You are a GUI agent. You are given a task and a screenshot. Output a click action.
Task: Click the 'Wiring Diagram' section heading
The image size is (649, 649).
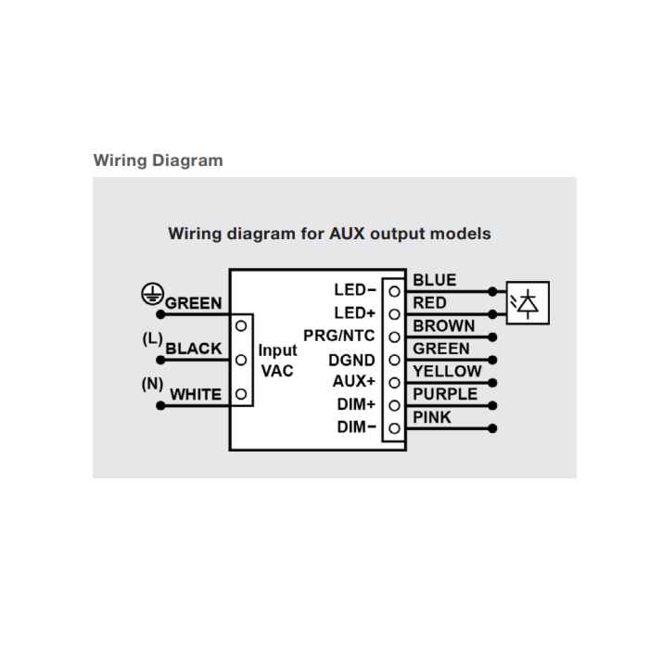pos(159,160)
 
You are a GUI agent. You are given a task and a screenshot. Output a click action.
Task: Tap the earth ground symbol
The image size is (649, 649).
pos(152,294)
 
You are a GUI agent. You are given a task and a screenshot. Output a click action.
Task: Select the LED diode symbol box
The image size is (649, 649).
pos(528,303)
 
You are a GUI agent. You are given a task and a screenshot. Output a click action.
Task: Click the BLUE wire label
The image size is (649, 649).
pos(435,280)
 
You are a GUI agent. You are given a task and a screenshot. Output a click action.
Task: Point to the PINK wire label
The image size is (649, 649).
pos(432,417)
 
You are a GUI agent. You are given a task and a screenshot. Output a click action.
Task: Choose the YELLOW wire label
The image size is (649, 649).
pos(447,371)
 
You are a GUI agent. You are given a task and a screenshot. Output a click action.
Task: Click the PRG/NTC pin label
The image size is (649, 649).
pos(339,336)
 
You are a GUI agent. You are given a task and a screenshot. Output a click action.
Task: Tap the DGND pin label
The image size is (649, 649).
pos(351,361)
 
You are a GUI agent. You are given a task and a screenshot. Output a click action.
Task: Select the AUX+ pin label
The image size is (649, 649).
pos(354,381)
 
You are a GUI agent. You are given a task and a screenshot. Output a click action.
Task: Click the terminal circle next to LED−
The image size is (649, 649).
pos(394,292)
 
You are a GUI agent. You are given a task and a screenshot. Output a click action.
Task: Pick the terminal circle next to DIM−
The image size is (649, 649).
pos(394,428)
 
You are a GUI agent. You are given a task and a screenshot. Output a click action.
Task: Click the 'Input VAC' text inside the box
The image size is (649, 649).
pos(277,361)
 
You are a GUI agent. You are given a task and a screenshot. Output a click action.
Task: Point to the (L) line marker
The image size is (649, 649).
pos(152,338)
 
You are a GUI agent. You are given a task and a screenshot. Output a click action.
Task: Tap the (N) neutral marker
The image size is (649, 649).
pos(152,384)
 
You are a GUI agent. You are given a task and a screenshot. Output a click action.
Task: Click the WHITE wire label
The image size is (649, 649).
pos(196,394)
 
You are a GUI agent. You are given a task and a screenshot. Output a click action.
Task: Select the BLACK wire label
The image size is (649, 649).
pos(194,349)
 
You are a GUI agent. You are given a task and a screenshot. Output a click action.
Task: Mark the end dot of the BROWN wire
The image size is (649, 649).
pos(492,337)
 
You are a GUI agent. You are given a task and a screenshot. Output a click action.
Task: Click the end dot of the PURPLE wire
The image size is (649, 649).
pos(492,406)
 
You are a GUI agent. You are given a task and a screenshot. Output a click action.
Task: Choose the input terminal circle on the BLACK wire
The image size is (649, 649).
pos(241,360)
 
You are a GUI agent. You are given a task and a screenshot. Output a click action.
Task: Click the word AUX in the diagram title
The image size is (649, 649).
pos(347,234)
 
